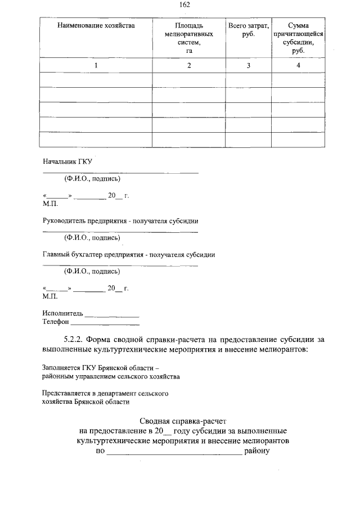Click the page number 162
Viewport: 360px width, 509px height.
click(x=184, y=4)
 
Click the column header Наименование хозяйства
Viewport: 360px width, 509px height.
click(x=96, y=26)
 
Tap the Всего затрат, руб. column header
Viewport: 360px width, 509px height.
click(x=249, y=30)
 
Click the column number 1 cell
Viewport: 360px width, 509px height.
click(x=96, y=66)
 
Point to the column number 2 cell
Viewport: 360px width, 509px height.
click(x=188, y=66)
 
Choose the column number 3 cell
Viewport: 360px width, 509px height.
click(x=249, y=66)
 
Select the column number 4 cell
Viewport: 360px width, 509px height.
click(x=298, y=66)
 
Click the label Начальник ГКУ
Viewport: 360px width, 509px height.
click(x=67, y=161)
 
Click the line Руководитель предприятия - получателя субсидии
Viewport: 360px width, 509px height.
click(x=120, y=220)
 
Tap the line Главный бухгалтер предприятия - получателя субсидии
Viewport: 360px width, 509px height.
click(x=129, y=254)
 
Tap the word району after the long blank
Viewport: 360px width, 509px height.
click(x=258, y=451)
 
